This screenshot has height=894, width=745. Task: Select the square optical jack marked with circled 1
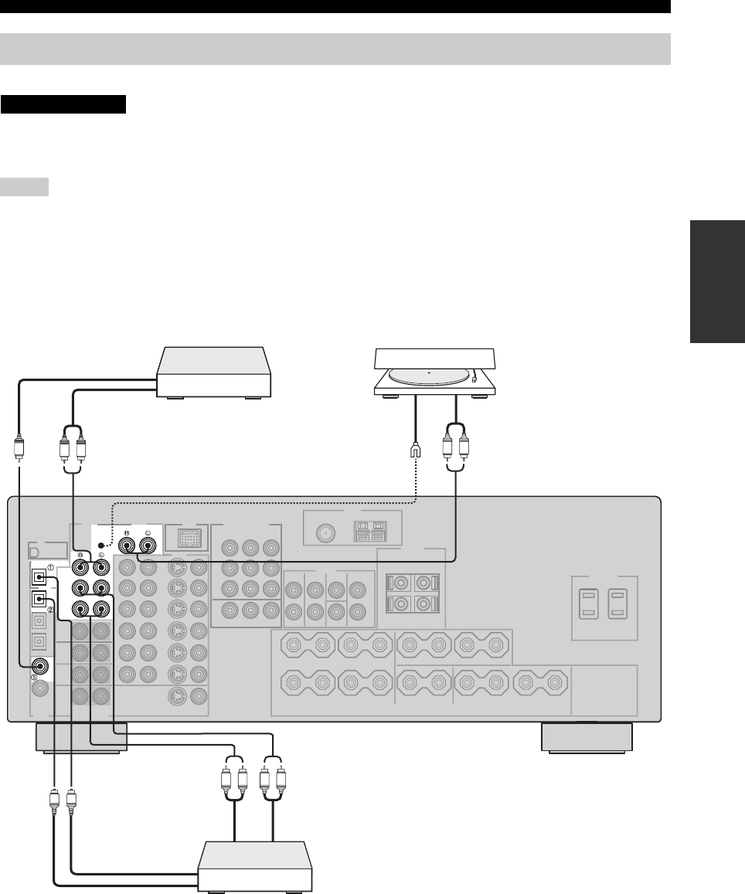(x=38, y=576)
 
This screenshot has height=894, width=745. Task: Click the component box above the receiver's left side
(x=214, y=372)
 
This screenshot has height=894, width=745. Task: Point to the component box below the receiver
(x=255, y=868)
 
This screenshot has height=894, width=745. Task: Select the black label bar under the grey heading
(x=63, y=104)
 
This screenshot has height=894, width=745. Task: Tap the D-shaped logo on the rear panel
(x=35, y=552)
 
